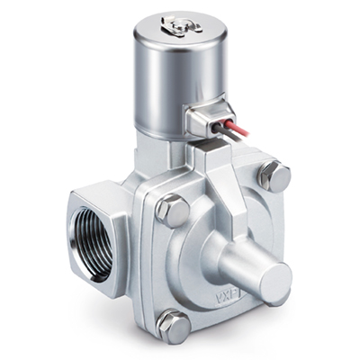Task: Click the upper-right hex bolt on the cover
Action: point(273,176)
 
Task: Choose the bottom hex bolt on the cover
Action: point(175,326)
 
